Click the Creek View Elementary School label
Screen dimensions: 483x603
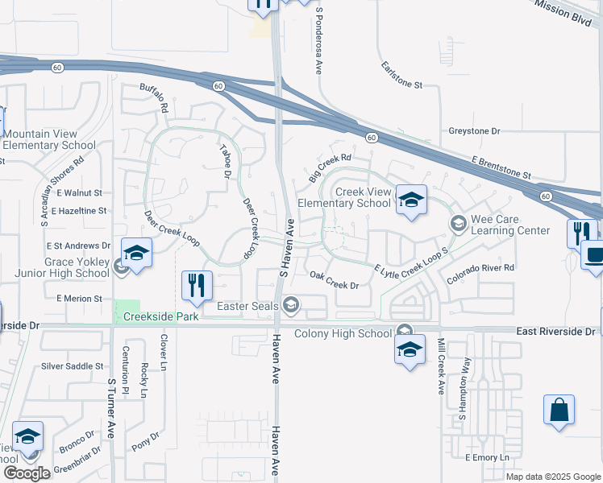point(345,197)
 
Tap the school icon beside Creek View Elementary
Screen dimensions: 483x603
point(410,200)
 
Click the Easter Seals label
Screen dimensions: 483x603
point(247,306)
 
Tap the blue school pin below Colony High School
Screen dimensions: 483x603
point(410,349)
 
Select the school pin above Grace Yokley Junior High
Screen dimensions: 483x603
point(136,254)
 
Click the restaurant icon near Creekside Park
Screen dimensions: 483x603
point(197,284)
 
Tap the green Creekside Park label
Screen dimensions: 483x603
point(160,317)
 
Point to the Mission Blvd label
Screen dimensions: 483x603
point(574,10)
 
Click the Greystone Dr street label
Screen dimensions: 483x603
point(474,130)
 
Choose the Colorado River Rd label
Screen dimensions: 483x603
point(480,273)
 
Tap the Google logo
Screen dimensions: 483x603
point(27,473)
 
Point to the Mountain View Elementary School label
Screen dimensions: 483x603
point(50,139)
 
